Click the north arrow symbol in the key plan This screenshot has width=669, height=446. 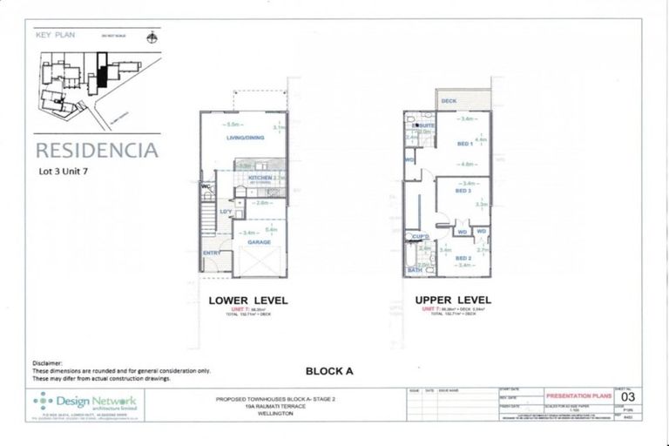pos(152,37)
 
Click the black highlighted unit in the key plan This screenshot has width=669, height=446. pos(103,71)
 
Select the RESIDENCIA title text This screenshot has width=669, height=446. pos(97,150)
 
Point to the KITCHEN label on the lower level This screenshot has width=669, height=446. pos(260,178)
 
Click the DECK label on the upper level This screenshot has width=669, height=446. pos(449,101)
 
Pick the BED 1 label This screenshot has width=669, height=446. pos(464,144)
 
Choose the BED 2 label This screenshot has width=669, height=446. pos(463,259)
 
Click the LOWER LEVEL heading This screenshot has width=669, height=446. pos(248,301)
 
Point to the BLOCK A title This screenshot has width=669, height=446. pos(329,371)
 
